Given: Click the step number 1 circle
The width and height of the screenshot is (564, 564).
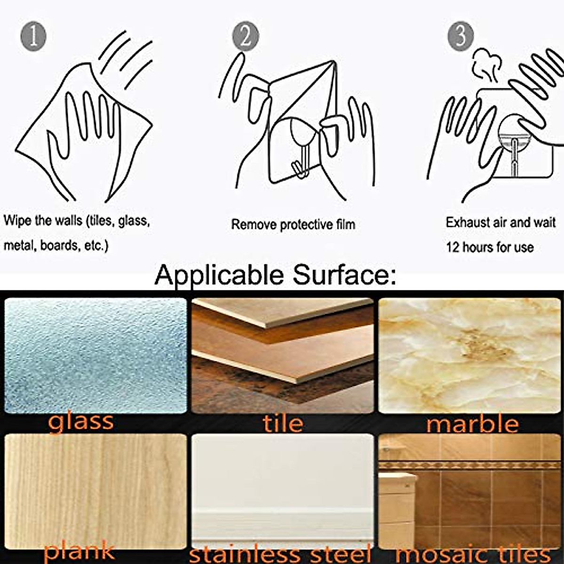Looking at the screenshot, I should click(33, 37).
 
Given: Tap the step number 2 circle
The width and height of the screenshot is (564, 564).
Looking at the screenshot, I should click(245, 37).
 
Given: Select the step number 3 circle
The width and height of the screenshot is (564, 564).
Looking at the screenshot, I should click(460, 36).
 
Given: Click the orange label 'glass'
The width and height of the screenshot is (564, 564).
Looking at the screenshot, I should click(81, 422).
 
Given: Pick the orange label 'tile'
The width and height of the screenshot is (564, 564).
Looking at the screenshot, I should click(283, 423).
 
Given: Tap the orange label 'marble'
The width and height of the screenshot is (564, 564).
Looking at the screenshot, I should click(472, 424).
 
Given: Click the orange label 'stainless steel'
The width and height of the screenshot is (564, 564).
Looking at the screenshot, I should click(280, 554).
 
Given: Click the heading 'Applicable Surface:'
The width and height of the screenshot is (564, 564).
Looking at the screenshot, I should click(275, 275).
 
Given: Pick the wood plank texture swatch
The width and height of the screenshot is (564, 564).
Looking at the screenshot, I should click(95, 489).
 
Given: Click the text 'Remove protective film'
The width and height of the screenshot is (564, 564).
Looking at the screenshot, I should click(293, 225).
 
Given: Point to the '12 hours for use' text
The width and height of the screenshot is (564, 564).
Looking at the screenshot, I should click(490, 247).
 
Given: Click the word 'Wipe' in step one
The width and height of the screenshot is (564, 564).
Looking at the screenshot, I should click(17, 220).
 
